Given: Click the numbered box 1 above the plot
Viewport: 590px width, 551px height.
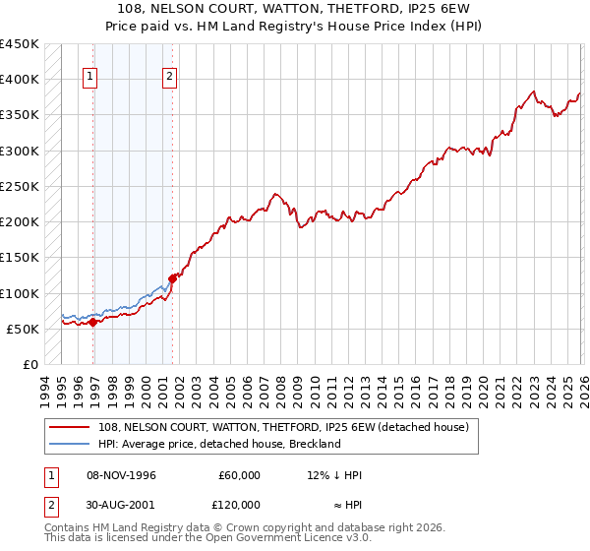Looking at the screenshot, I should tap(90, 78).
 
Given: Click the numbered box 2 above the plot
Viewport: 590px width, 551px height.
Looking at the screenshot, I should tap(169, 78).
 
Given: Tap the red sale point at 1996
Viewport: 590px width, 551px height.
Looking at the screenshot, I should tap(92, 322).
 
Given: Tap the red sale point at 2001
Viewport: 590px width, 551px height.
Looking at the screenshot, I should tap(172, 278).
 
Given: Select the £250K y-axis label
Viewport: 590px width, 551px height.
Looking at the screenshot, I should tap(20, 186).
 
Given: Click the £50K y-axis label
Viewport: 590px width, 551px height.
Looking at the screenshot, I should tap(24, 329).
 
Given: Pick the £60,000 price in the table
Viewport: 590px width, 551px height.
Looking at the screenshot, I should tap(240, 475).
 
